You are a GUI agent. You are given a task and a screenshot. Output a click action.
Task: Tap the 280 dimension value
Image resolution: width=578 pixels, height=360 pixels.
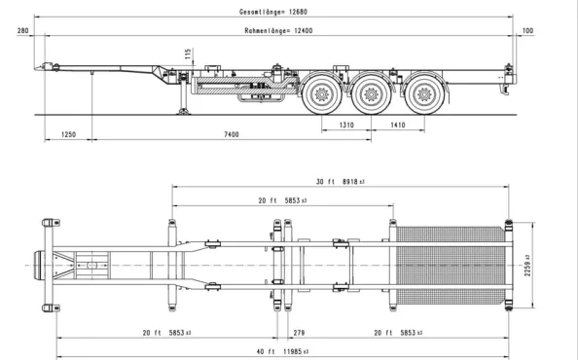coord(23,32)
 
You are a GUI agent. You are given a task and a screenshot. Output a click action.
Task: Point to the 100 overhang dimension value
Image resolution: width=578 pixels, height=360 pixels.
coord(528,32)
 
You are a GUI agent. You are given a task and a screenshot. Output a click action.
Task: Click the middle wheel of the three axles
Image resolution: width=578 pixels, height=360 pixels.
coord(370,94)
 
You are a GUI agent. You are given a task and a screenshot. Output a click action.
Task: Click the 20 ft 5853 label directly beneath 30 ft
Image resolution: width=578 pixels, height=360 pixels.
coord(283,200)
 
